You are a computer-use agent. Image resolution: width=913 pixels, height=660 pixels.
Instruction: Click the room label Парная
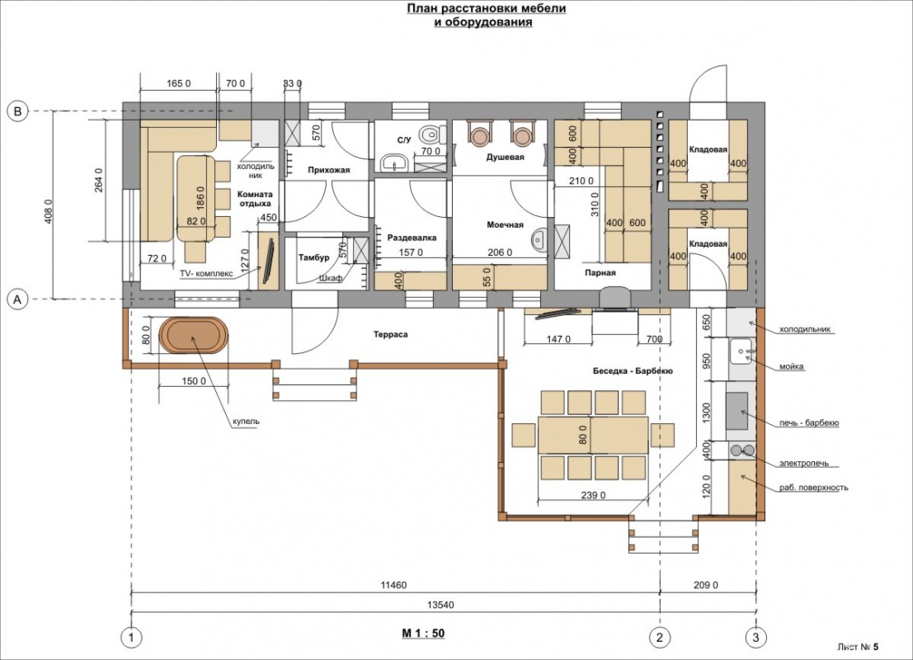(x=600, y=272)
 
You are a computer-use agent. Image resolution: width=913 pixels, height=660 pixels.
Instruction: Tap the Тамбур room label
(x=314, y=257)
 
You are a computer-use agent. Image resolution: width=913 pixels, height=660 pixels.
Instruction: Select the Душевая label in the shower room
(x=505, y=158)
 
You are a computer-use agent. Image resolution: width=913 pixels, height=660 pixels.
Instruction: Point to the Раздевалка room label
(x=412, y=238)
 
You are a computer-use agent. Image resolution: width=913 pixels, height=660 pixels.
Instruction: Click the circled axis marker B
(x=17, y=111)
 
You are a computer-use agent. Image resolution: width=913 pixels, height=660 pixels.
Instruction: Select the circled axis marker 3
(x=755, y=637)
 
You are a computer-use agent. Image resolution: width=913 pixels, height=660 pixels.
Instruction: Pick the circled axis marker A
(x=17, y=299)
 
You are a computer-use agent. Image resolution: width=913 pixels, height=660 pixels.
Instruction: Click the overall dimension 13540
(x=440, y=605)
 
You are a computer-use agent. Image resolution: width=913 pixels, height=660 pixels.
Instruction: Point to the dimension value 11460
(x=393, y=585)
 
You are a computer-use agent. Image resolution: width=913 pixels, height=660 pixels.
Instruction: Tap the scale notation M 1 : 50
(x=423, y=634)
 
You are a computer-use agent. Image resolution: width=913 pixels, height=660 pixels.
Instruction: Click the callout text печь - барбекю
(x=809, y=423)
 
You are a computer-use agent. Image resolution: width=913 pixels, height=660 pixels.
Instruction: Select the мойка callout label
(x=791, y=366)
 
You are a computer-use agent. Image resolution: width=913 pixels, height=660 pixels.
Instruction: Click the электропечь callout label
(x=803, y=464)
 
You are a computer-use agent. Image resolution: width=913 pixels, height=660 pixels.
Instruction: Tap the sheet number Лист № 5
(x=859, y=647)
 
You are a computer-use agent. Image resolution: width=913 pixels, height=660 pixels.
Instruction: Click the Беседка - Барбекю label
(x=633, y=371)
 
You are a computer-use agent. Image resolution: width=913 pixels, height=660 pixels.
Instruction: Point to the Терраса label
(x=391, y=335)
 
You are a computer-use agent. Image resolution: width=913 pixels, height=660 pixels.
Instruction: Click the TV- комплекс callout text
(x=206, y=273)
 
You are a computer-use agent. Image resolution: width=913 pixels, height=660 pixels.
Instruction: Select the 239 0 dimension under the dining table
(x=593, y=495)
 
